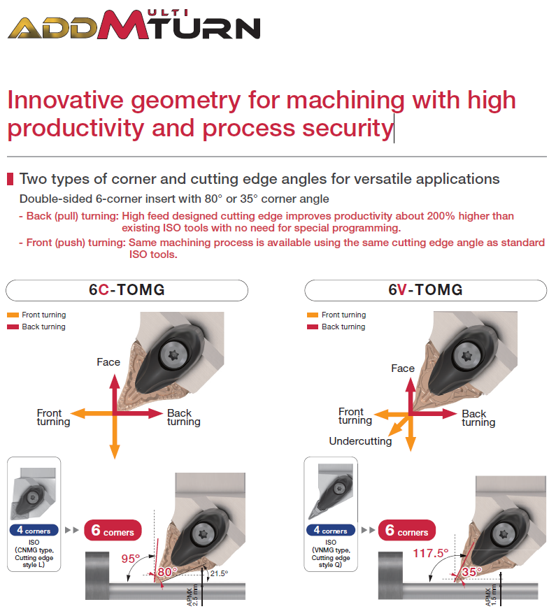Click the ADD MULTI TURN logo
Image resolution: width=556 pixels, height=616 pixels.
click(134, 24)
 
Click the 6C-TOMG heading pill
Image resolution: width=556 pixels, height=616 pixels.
click(127, 290)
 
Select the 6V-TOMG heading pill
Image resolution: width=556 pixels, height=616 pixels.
click(425, 290)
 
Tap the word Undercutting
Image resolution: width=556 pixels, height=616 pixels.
click(360, 441)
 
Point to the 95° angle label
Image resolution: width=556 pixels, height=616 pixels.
click(131, 559)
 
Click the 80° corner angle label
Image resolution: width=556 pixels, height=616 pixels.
click(167, 572)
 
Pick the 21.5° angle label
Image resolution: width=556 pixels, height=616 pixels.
click(219, 573)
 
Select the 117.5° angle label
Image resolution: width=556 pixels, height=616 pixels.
click(431, 554)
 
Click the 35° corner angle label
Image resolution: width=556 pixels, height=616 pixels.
click(471, 572)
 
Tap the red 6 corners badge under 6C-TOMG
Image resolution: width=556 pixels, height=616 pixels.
click(113, 531)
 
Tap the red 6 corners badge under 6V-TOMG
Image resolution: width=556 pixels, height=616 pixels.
click(407, 531)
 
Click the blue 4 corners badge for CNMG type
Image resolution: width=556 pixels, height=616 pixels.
click(34, 531)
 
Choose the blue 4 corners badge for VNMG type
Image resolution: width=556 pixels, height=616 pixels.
click(331, 531)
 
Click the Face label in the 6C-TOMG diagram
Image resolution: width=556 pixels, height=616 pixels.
click(108, 362)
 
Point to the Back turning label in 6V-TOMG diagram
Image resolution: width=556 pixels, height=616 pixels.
click(478, 418)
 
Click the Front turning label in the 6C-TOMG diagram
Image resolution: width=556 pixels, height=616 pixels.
click(53, 417)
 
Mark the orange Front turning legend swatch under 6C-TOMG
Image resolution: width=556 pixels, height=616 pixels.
click(13, 315)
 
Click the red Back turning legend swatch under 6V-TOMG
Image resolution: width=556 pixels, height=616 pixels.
click(313, 327)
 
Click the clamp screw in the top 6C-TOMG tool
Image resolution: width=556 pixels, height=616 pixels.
click(173, 355)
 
